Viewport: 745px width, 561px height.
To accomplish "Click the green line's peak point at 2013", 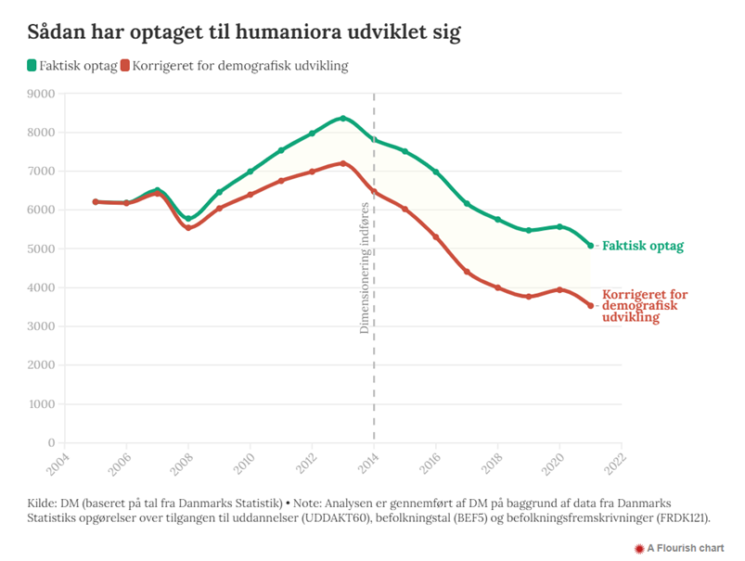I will (343, 118).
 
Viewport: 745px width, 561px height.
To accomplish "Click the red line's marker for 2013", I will (343, 163).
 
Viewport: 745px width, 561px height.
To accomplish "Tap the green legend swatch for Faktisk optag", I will (32, 66).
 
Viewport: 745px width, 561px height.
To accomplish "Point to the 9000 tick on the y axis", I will (41, 93).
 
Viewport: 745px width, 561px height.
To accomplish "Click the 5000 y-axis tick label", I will (41, 249).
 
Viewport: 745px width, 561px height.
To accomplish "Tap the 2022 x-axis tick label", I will (616, 461).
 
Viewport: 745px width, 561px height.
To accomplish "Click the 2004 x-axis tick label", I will (58, 461).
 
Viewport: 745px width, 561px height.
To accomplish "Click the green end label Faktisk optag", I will (643, 246).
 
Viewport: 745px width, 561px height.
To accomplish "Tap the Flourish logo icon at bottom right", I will (638, 548).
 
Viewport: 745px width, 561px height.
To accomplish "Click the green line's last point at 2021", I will (591, 246).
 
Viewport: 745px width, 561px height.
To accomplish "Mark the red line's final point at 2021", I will (591, 305).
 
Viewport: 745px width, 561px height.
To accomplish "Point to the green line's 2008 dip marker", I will (188, 219).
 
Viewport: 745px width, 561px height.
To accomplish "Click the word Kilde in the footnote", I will (44, 503).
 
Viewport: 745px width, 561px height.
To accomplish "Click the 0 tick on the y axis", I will (50, 443).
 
